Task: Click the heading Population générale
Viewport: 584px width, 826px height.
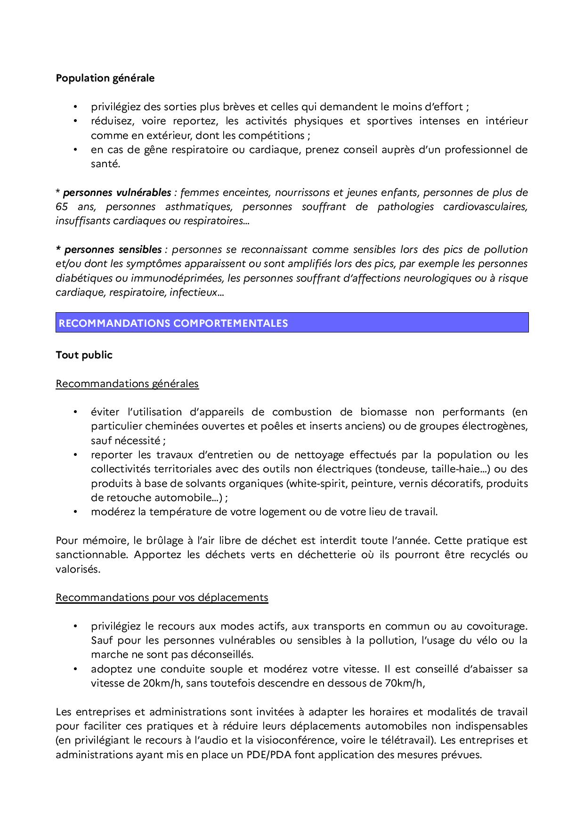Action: tap(105, 78)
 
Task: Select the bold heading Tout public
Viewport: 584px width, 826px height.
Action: tap(84, 355)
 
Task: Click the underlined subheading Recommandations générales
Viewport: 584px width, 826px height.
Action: tap(127, 384)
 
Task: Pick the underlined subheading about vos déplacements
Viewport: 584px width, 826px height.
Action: tap(162, 598)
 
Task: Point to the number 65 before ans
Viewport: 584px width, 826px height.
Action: tap(62, 207)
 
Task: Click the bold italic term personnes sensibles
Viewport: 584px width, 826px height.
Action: tap(113, 250)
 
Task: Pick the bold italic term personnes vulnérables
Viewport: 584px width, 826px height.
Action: tap(117, 193)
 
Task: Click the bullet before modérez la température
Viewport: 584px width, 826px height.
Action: tap(75, 512)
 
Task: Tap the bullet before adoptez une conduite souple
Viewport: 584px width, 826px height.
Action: tap(75, 669)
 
